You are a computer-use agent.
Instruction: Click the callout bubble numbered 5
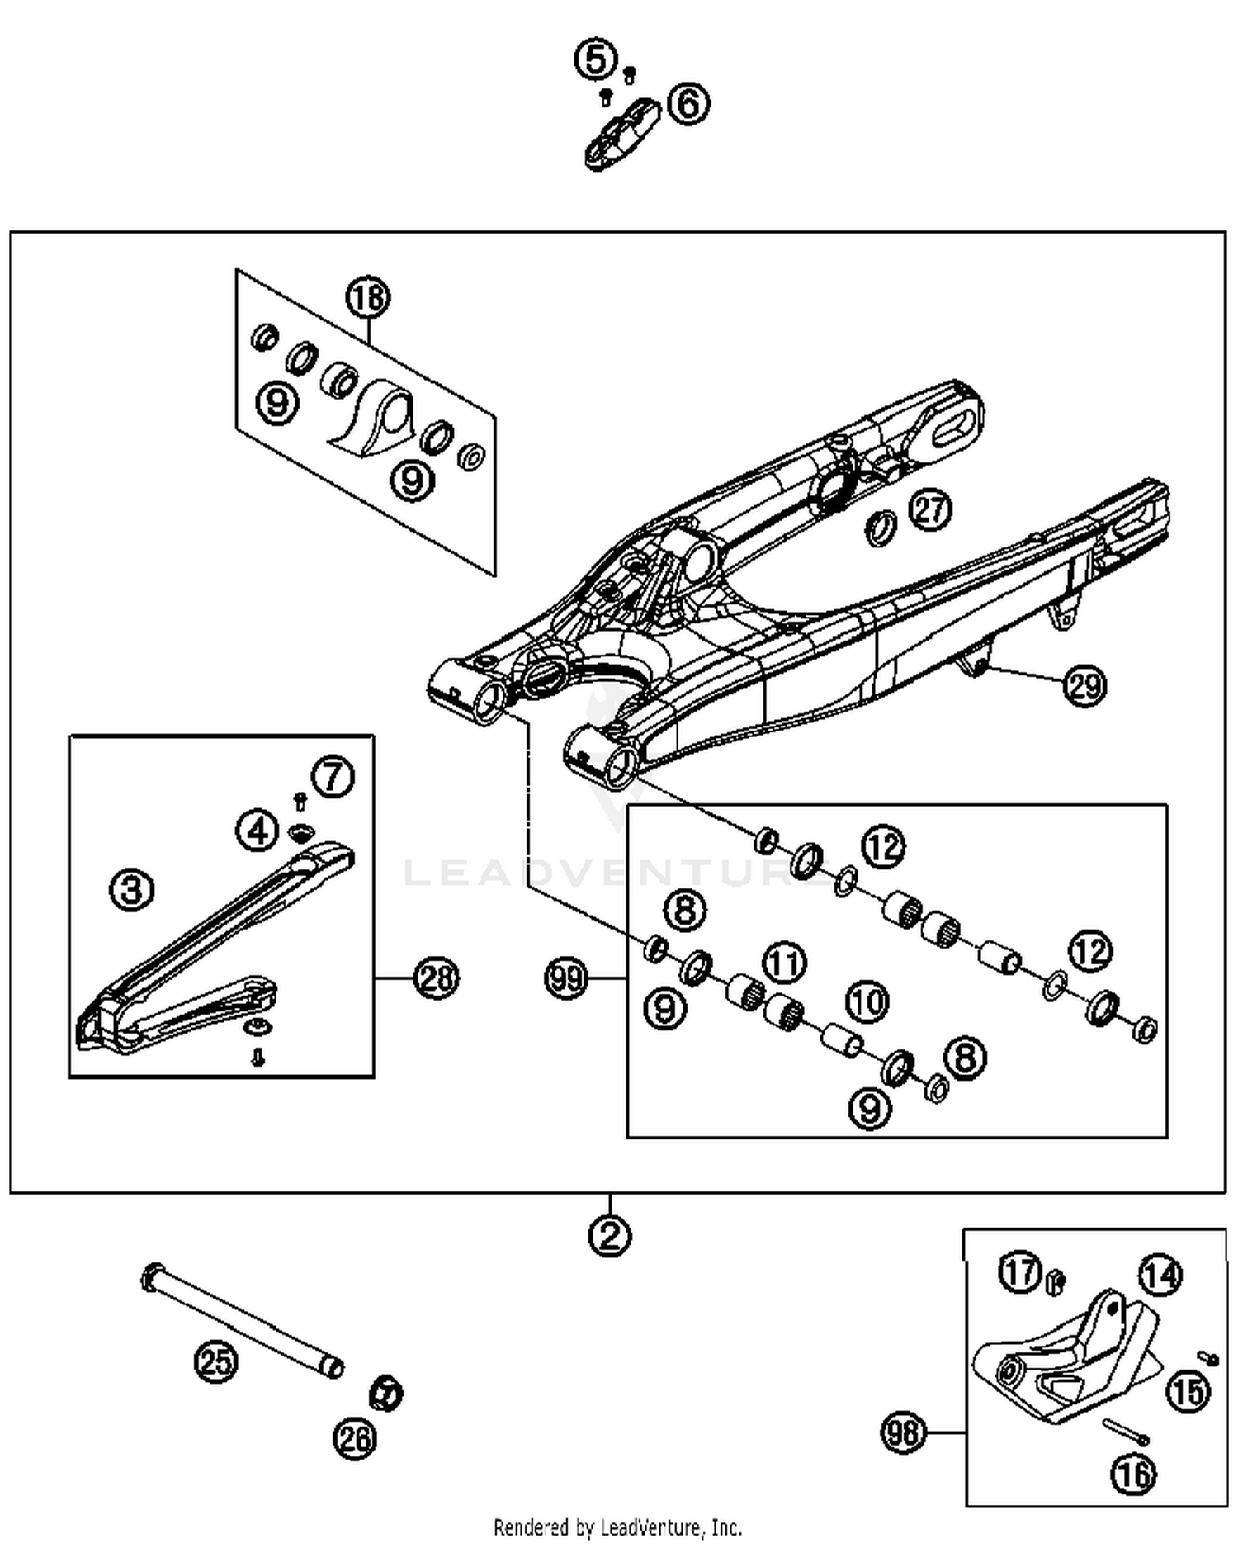596,59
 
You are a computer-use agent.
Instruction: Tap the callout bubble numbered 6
688,104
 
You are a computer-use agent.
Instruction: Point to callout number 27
930,509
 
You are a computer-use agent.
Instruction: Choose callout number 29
1084,685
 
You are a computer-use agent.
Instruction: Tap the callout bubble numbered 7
333,776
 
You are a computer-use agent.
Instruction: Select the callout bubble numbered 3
132,890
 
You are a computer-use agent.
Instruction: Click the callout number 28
436,978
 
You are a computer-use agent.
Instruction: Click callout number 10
867,1001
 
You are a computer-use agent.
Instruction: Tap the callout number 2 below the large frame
610,1237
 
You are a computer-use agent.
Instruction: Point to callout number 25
216,1361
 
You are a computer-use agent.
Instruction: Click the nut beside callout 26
385,1394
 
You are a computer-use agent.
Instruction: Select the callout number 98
903,1432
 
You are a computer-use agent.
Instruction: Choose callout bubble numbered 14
1160,1276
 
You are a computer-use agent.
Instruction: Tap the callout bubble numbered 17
1020,1272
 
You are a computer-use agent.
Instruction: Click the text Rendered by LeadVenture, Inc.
617,1527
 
